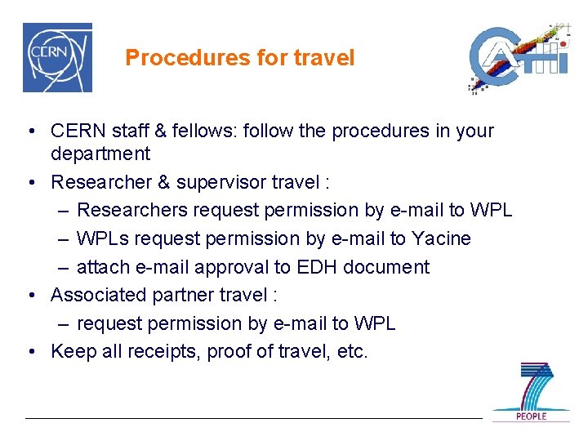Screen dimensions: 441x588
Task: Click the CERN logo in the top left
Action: click(x=57, y=58)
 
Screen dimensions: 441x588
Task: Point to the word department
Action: click(x=100, y=154)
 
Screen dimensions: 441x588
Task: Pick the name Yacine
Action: click(x=440, y=238)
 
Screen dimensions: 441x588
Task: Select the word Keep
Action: click(x=69, y=352)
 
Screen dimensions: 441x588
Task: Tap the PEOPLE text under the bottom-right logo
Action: click(x=531, y=416)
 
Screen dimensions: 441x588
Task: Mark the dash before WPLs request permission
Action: click(x=64, y=238)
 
